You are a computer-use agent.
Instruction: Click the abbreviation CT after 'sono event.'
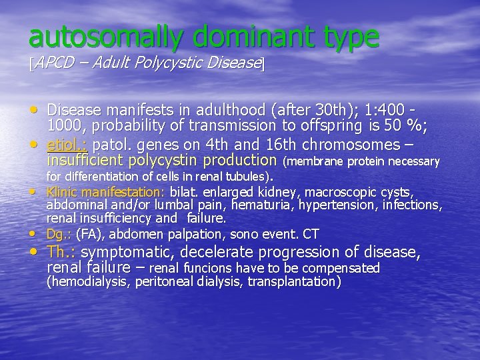(x=311, y=234)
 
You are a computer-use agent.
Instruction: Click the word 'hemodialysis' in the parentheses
(x=88, y=281)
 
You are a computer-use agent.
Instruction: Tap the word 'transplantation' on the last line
(x=294, y=281)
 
